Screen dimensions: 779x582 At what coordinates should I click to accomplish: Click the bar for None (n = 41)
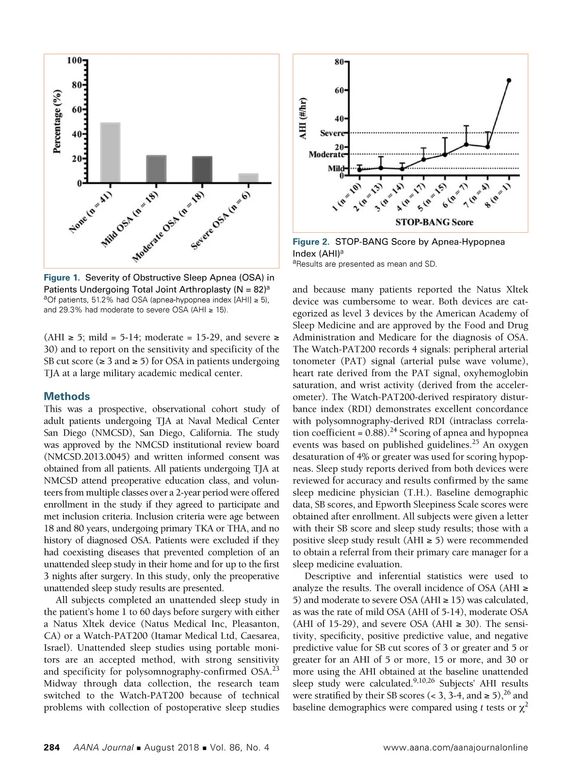[x=110, y=153]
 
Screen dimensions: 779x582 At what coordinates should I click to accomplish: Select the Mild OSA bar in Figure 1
[x=156, y=169]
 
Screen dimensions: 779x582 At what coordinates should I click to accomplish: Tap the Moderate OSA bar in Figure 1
[x=202, y=170]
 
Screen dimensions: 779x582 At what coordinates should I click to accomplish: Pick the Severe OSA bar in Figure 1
[x=248, y=178]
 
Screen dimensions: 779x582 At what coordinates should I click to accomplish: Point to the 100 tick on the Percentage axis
[x=74, y=61]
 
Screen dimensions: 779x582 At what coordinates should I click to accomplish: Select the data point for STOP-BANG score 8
[x=508, y=81]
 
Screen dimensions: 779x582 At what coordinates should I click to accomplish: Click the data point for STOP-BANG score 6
[x=466, y=145]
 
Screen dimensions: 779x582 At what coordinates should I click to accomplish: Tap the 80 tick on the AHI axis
[x=339, y=62]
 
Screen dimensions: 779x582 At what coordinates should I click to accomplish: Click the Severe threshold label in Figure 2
[x=332, y=133]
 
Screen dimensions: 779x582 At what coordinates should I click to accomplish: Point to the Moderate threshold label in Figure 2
[x=326, y=154]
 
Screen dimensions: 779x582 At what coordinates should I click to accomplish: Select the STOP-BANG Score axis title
[x=434, y=223]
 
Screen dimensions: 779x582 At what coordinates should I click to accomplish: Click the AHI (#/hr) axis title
[x=303, y=118]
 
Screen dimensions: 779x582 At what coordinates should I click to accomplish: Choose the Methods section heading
[x=67, y=396]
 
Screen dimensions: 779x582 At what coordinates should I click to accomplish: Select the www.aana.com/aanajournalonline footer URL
[x=455, y=747]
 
